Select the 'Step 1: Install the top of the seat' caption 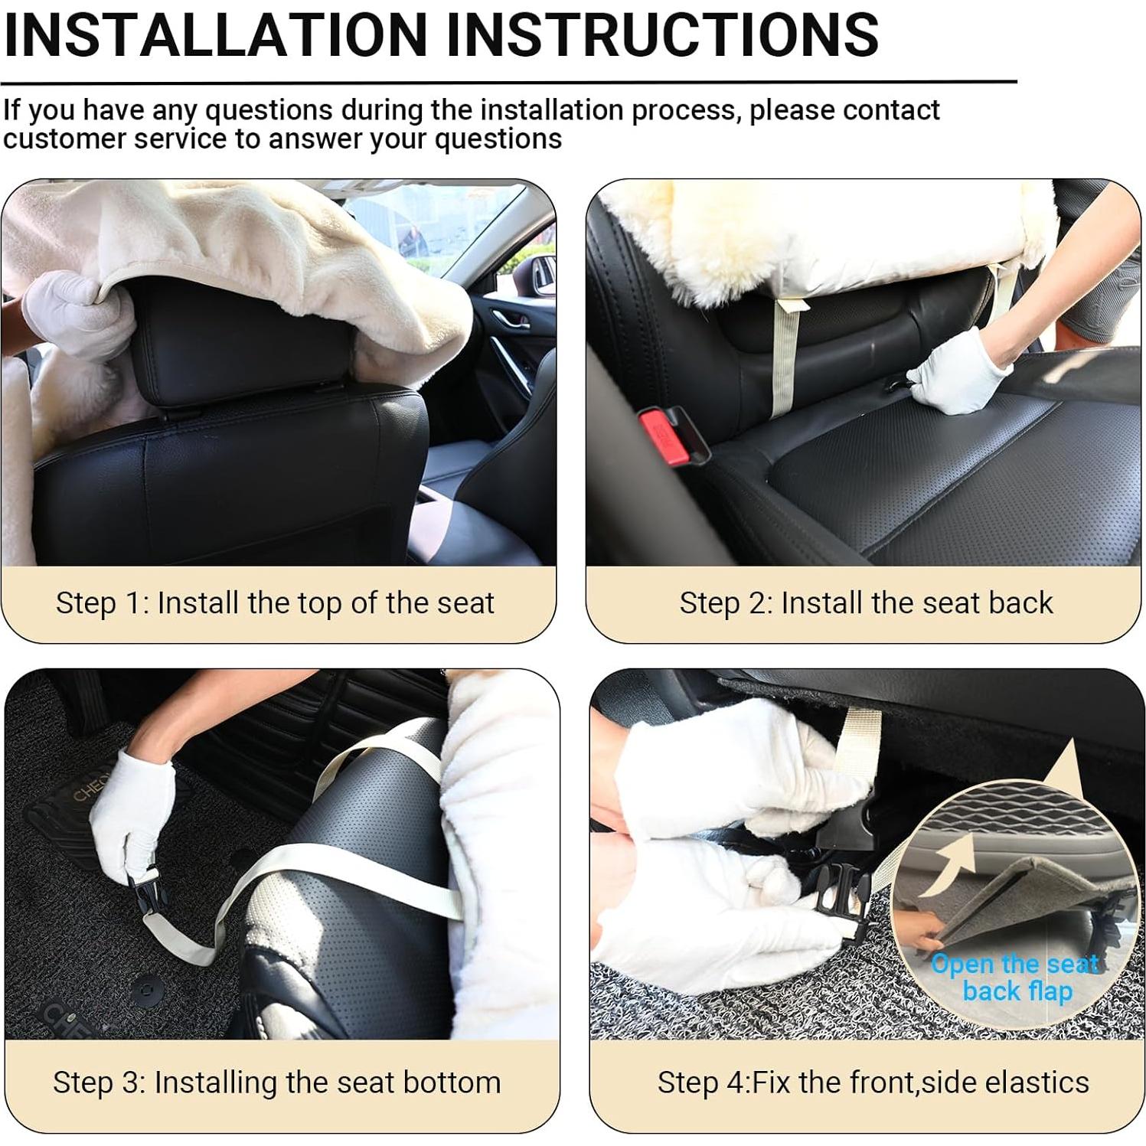[275, 603]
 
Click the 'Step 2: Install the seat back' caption [866, 603]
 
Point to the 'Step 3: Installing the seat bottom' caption [276, 1082]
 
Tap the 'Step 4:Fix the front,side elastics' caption [873, 1082]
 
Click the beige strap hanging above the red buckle [785, 356]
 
